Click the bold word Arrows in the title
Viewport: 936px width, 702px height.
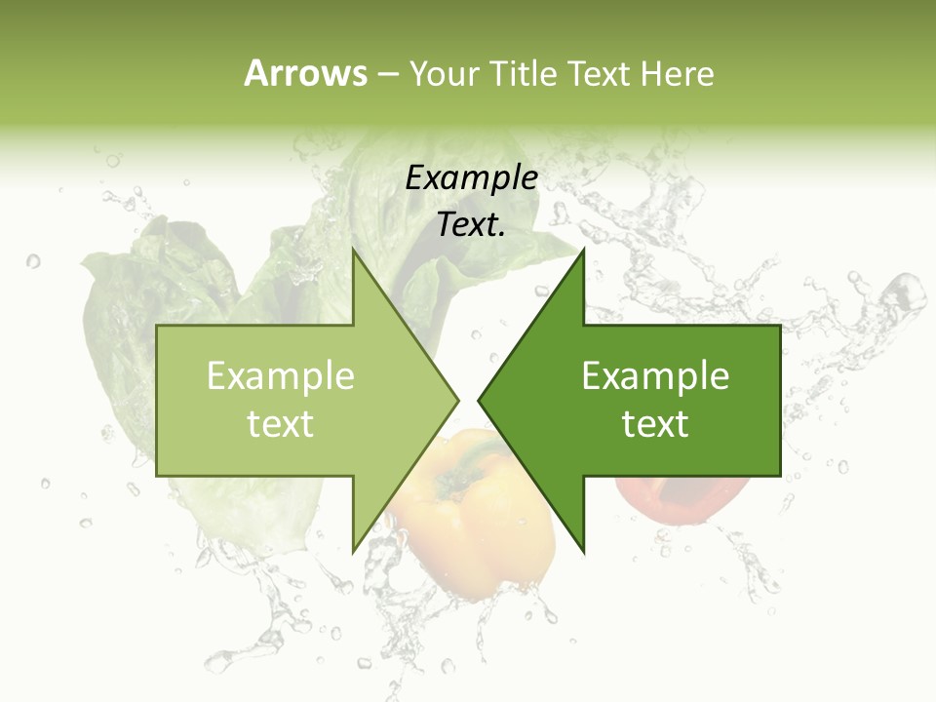coord(305,73)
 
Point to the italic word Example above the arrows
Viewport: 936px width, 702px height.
coord(471,178)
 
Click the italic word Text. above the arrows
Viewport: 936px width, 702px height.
coord(471,225)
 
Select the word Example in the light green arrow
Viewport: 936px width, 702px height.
coord(281,376)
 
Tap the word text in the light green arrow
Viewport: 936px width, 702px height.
coord(281,424)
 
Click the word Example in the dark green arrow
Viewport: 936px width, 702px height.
coord(655,376)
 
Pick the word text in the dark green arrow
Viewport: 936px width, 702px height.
coord(655,424)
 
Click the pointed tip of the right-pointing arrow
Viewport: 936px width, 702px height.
coord(458,400)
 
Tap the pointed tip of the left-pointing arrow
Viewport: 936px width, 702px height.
coord(478,400)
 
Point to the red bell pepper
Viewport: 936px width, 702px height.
coord(682,497)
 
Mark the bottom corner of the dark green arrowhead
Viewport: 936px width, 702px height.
coord(583,552)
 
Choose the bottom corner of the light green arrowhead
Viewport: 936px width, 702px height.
coord(353,552)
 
